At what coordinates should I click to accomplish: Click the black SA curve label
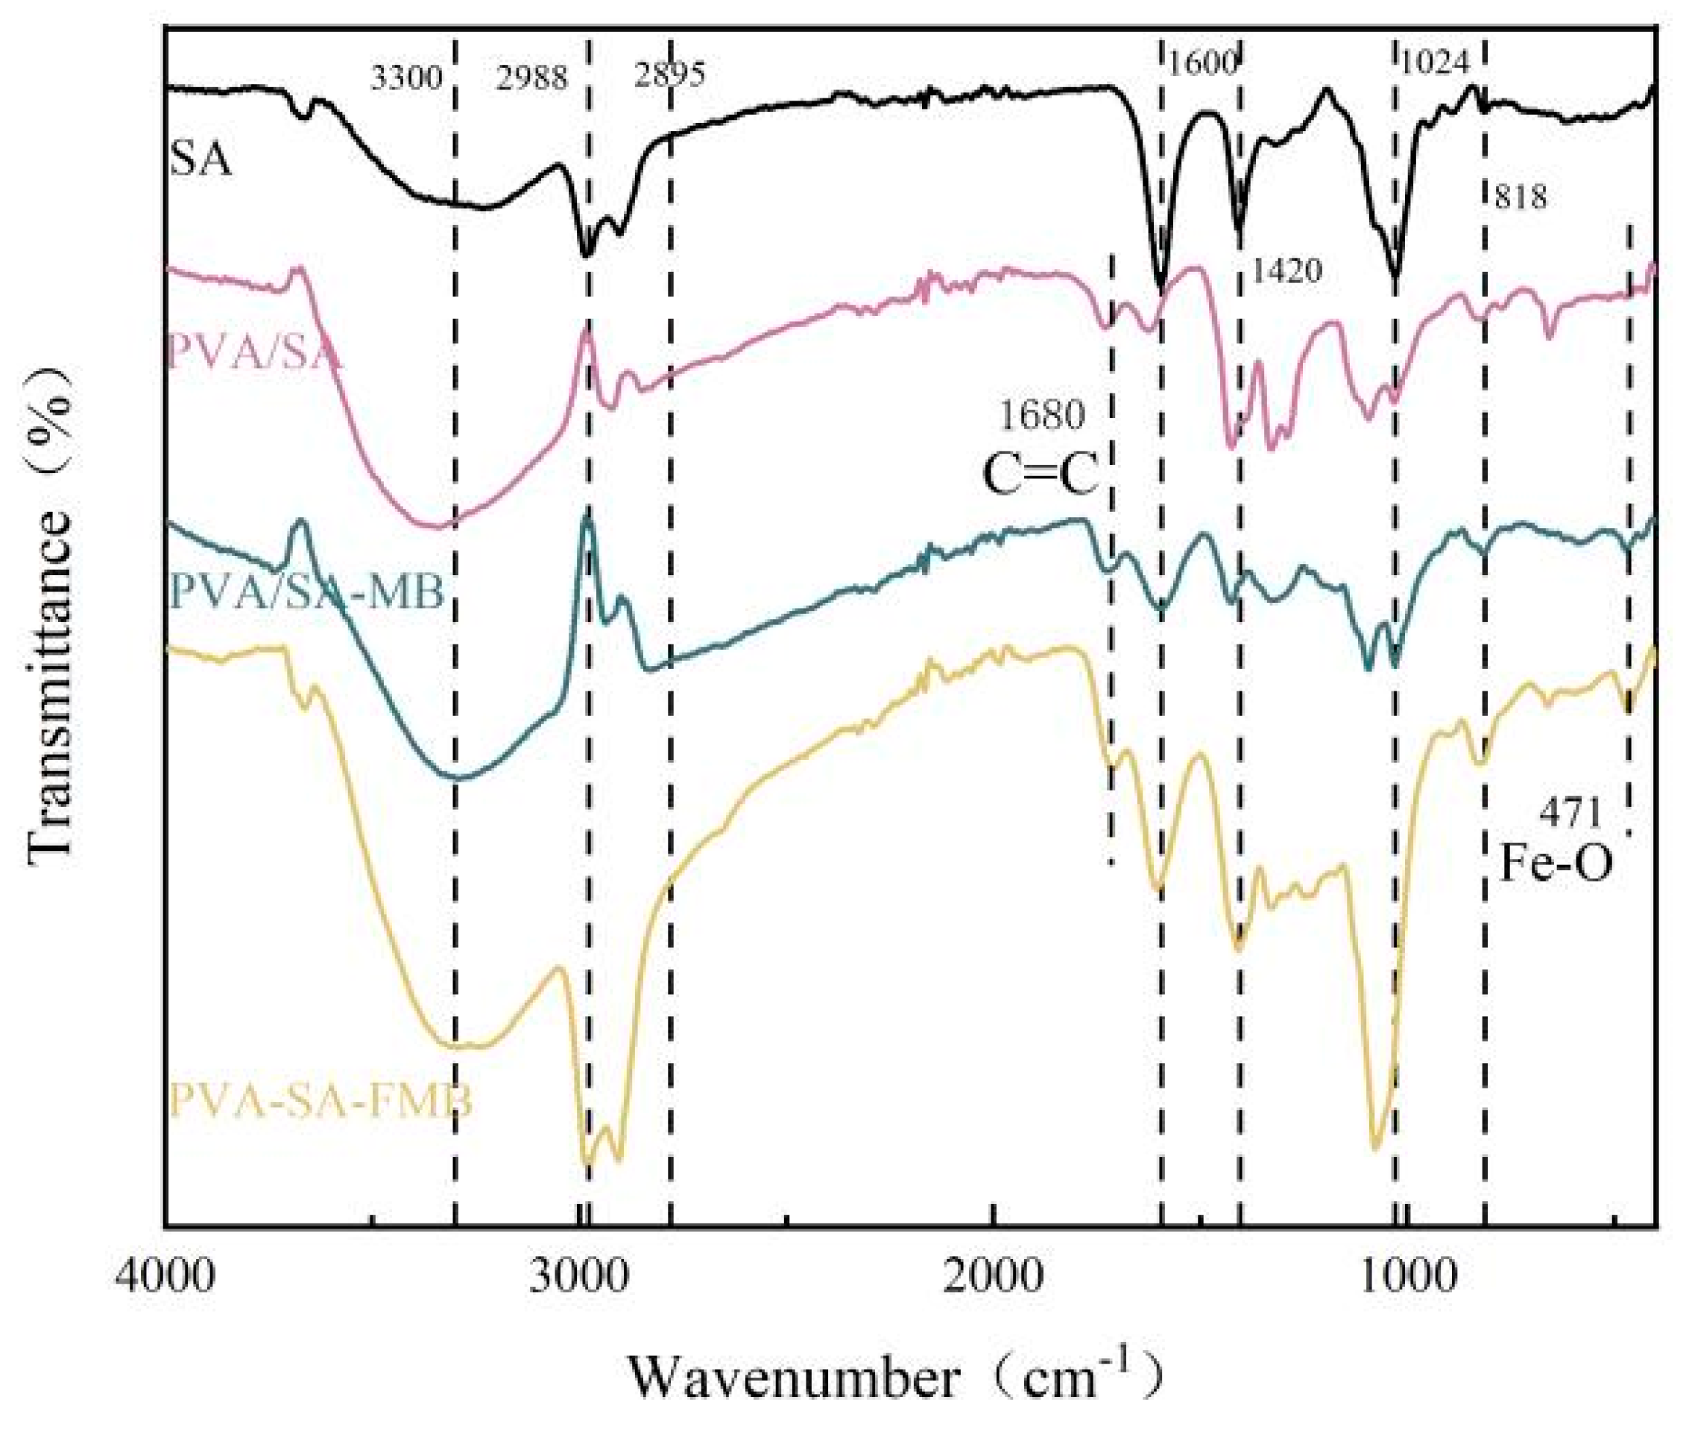click(x=201, y=159)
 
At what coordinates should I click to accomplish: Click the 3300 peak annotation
click(x=406, y=79)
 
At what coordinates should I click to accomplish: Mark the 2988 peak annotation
click(x=532, y=79)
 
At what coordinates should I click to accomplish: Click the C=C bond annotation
click(x=1041, y=475)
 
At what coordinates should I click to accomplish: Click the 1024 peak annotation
click(x=1434, y=63)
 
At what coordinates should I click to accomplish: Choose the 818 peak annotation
click(x=1520, y=197)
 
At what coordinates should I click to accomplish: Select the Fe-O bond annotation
click(x=1556, y=864)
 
